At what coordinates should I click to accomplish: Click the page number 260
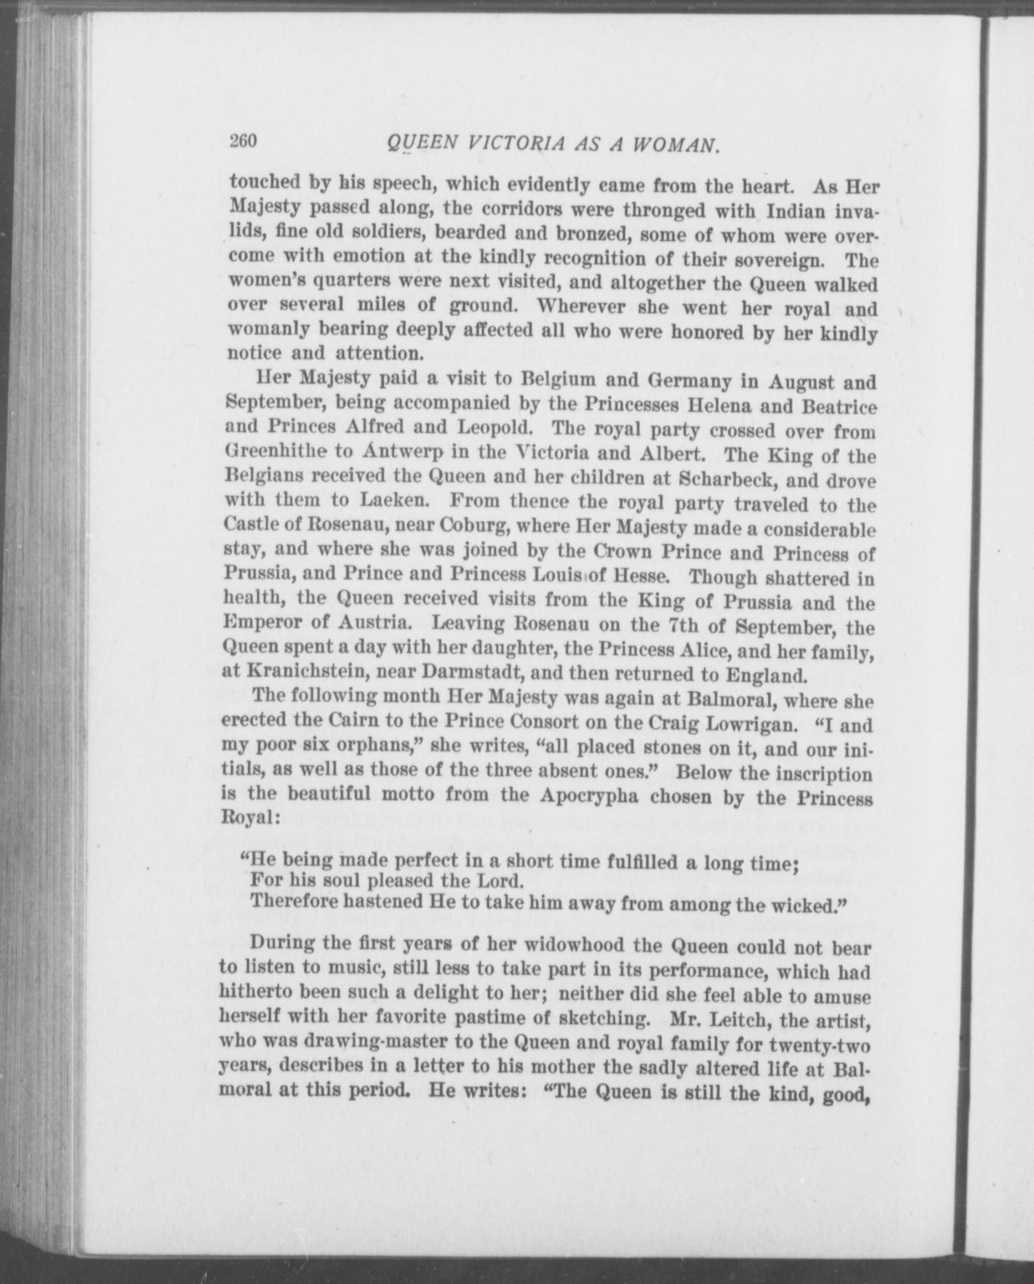click(x=243, y=141)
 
